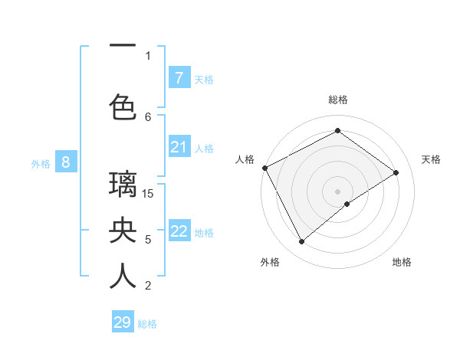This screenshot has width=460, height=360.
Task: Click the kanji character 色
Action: pyautogui.click(x=123, y=105)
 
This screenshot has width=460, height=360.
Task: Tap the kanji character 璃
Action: pyautogui.click(x=123, y=186)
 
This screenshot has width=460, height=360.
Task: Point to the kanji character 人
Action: pyautogui.click(x=123, y=276)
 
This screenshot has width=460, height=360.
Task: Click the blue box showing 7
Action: pyautogui.click(x=179, y=77)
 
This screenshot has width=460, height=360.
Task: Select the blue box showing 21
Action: pyautogui.click(x=179, y=147)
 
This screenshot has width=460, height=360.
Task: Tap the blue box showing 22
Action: pyautogui.click(x=179, y=231)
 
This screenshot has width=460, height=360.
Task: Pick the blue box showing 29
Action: pyautogui.click(x=123, y=322)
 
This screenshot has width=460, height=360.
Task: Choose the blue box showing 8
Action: pyautogui.click(x=66, y=162)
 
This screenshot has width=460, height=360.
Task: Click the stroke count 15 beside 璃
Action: pyautogui.click(x=149, y=193)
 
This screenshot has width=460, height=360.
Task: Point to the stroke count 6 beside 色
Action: pyautogui.click(x=148, y=116)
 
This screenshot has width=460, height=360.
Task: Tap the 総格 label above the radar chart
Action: pyautogui.click(x=338, y=100)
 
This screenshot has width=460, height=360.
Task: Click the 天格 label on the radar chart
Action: pyautogui.click(x=432, y=159)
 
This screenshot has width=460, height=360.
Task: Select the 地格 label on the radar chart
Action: pyautogui.click(x=402, y=262)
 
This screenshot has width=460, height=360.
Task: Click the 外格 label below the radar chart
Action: pyautogui.click(x=270, y=262)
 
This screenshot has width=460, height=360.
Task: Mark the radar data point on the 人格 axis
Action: pyautogui.click(x=264, y=168)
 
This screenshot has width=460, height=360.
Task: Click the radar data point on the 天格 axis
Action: pyautogui.click(x=396, y=172)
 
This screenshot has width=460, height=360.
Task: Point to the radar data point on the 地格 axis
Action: pyautogui.click(x=347, y=204)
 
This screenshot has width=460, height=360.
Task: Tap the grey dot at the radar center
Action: pyautogui.click(x=337, y=191)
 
